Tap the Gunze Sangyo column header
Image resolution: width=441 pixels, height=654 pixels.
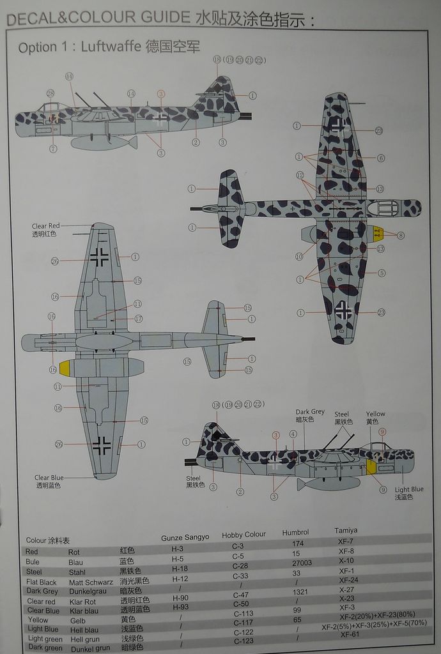185,537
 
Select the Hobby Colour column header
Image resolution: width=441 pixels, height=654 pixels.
244,534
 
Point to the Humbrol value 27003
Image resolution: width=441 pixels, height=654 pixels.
301,563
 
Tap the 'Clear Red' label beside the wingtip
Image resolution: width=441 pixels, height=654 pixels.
45,226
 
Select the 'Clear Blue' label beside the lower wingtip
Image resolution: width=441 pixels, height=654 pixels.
49,477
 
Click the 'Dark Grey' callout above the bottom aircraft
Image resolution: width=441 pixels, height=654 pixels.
310,412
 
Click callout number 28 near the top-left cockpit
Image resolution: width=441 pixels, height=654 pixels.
50,94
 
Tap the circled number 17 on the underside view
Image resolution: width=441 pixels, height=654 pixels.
138,318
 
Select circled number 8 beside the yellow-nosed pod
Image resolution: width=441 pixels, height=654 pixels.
401,235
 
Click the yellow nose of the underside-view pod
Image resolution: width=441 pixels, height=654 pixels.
65,368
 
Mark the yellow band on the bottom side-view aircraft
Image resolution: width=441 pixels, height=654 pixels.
371,466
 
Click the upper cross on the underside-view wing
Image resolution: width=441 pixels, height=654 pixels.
99,256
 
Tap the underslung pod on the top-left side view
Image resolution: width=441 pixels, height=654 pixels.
102,142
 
